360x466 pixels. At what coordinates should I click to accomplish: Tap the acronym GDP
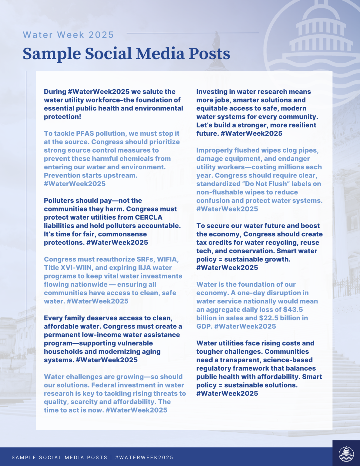204,326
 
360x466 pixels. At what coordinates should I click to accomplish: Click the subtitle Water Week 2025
68,35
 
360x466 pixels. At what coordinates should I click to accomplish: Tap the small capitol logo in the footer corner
346,453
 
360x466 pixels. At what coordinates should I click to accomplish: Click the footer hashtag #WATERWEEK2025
144,458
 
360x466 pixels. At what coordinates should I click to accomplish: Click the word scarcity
84,402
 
